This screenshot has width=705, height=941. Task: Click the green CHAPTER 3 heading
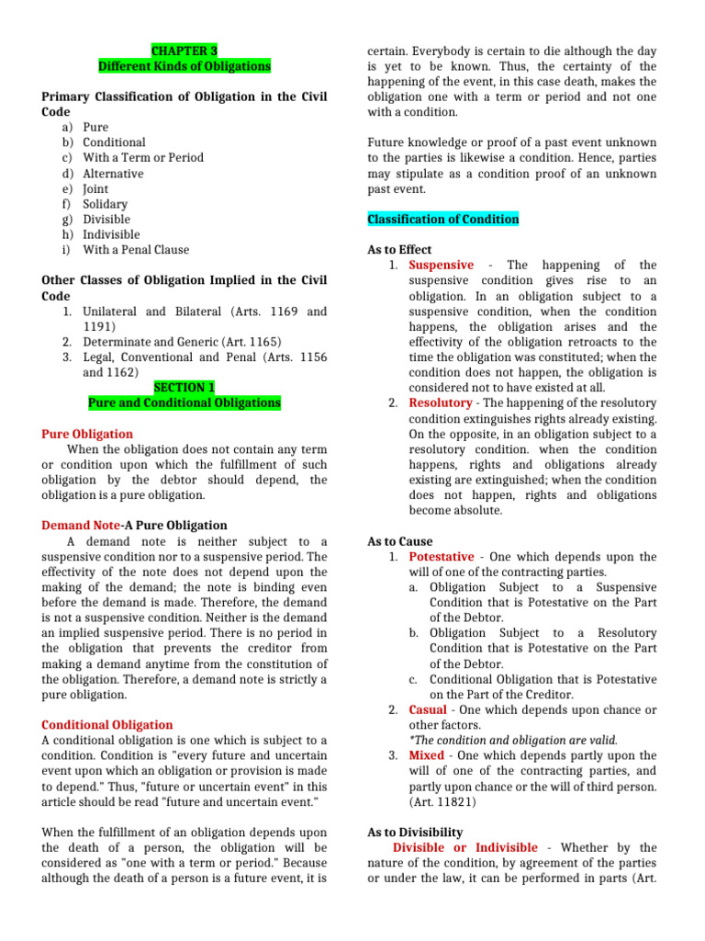click(184, 51)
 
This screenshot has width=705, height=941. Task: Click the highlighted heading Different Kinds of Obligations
click(185, 66)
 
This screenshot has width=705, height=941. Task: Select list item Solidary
click(105, 204)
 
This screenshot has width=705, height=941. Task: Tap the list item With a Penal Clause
click(136, 250)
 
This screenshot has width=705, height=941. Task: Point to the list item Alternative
click(113, 174)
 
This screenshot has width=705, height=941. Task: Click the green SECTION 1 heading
click(184, 388)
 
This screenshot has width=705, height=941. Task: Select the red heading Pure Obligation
click(87, 434)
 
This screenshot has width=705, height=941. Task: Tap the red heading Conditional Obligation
click(107, 725)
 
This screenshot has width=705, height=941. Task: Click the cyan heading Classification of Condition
click(442, 220)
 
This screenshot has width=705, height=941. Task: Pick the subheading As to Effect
click(399, 250)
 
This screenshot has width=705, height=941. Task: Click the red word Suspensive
click(442, 266)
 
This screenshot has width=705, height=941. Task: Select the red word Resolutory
click(441, 403)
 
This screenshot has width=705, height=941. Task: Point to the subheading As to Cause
click(400, 541)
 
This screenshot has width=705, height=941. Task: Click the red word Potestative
click(442, 557)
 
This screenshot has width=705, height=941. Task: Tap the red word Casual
click(428, 709)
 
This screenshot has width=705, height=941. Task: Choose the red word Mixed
click(427, 755)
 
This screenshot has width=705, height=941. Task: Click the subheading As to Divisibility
click(415, 832)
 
